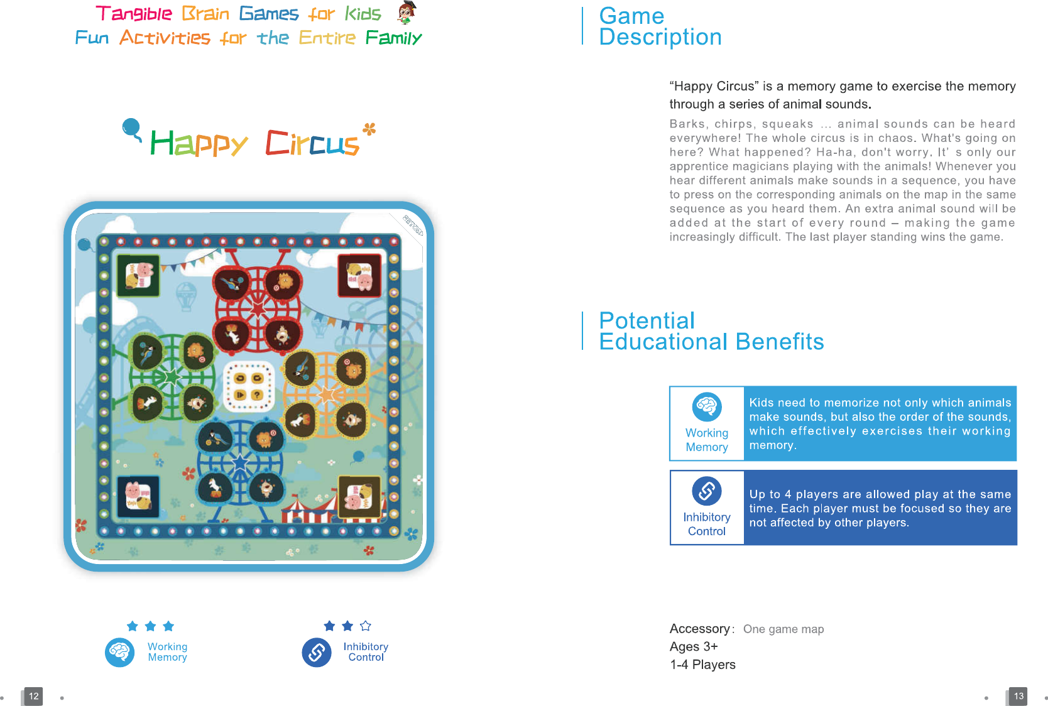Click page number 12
pos(33,696)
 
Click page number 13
pos(1018,696)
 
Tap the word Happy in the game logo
pos(199,143)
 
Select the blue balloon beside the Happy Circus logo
pos(131,128)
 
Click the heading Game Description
pos(660,26)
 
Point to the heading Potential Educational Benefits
pos(711,331)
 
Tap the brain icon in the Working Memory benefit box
pos(707,407)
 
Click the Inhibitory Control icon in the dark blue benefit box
pos(707,491)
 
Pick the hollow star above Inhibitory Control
pos(366,626)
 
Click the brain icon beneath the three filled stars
pos(119,652)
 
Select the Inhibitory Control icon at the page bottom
pos(317,652)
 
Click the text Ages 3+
pos(693,646)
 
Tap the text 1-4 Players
pos(702,665)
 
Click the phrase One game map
pos(783,629)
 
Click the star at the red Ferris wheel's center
pos(258,309)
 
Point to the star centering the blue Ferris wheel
pos(241,463)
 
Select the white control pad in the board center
pos(249,386)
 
